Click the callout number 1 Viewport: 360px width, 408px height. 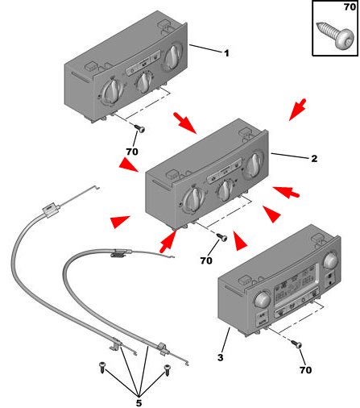226,53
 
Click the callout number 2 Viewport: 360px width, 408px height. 314,158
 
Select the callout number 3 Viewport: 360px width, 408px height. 221,357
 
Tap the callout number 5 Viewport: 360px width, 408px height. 139,403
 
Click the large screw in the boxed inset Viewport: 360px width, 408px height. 335,37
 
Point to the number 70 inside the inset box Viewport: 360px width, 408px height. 350,6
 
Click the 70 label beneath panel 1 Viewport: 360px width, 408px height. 132,152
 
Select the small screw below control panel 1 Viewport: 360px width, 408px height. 139,128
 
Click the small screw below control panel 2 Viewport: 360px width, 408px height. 222,237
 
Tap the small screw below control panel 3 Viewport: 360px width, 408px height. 296,343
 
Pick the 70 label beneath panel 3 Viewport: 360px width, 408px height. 305,370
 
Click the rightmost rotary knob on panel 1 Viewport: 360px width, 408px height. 172,56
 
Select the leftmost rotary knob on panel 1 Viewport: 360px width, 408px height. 111,91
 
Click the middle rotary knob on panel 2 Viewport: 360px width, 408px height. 226,190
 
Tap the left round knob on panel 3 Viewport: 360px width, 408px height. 262,299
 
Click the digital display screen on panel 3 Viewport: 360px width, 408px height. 295,285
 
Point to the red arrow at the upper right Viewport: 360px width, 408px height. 297,110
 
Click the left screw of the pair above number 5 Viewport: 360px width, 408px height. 102,367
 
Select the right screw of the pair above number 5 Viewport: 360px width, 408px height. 167,370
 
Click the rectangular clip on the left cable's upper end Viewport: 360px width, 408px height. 50,209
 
